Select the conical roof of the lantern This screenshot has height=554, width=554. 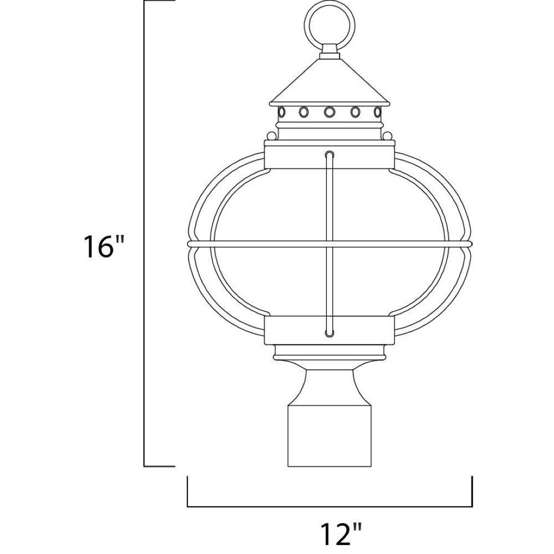click(330, 82)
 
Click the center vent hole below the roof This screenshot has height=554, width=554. click(330, 112)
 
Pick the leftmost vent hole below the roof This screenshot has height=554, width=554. click(281, 112)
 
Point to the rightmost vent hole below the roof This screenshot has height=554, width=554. click(378, 112)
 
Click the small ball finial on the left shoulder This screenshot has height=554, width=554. click(271, 136)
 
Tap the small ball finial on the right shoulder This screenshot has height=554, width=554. click(388, 136)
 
